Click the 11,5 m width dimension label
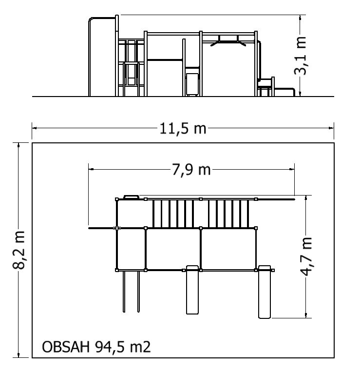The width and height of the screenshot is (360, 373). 183,129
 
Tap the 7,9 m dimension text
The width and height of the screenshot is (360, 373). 191,170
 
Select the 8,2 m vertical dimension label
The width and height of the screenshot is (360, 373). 19,250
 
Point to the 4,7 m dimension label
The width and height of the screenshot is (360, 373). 306,256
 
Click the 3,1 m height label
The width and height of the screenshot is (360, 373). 300,56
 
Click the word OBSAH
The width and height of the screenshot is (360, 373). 66,347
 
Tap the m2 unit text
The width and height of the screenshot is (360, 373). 140,347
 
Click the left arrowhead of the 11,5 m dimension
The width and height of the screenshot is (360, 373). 35,128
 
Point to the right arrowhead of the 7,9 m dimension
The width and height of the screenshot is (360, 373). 292,169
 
